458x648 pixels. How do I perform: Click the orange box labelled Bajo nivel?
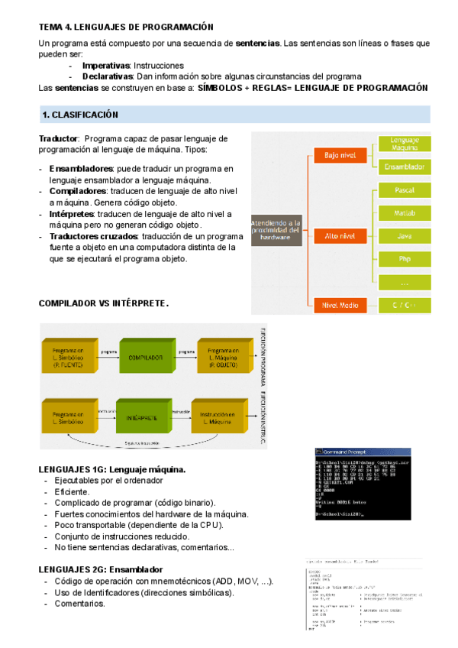pos(340,155)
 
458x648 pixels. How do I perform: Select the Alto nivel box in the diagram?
pos(340,236)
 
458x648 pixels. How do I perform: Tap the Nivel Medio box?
pos(340,305)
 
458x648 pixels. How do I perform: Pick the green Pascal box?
pos(405,190)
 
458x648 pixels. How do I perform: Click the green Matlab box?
pos(405,212)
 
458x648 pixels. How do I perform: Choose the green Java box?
pos(405,236)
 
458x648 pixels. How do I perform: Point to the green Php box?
pos(405,259)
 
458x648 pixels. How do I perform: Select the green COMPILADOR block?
pos(145,356)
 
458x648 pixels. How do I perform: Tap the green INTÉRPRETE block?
pos(142,418)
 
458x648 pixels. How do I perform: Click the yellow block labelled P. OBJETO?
pos(225,356)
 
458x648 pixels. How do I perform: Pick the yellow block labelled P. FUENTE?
pos(69,356)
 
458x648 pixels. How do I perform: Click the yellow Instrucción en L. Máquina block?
pos(219,418)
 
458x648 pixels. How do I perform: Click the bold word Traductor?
pos(58,138)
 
